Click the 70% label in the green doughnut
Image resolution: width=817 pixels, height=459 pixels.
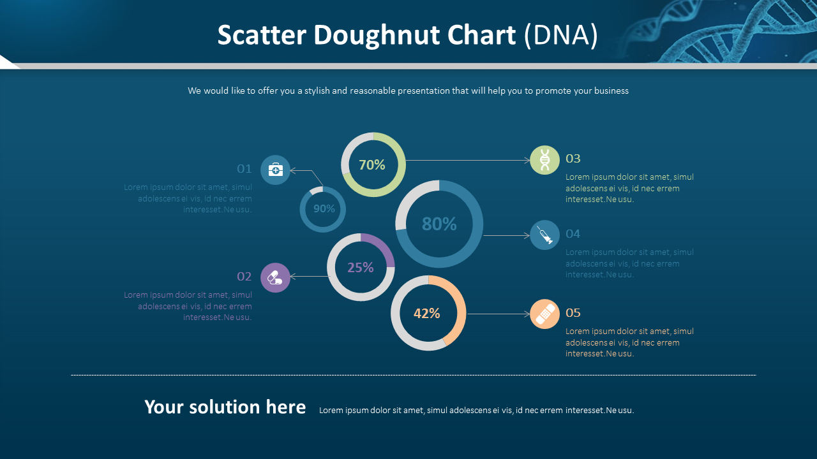(372, 165)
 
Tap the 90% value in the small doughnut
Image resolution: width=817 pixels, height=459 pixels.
(324, 208)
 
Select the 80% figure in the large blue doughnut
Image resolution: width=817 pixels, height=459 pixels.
(439, 224)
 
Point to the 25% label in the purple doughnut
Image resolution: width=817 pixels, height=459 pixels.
(361, 268)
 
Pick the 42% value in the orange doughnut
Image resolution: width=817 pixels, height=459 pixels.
(427, 314)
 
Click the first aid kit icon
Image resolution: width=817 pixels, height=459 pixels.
(275, 170)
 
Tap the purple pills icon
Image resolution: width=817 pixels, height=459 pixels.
(275, 277)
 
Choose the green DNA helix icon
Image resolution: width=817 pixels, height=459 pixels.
(544, 160)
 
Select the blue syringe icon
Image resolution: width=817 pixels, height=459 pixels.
(544, 235)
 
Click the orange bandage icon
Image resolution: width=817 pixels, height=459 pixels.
(544, 314)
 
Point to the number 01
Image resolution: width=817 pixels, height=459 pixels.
(244, 169)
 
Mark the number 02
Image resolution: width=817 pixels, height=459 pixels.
(244, 277)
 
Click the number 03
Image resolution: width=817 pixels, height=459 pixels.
(573, 159)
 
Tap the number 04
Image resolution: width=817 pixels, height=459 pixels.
(573, 234)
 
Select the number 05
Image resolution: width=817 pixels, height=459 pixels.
(573, 313)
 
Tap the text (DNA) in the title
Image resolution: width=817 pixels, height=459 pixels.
(560, 36)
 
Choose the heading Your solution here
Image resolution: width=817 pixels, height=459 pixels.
(225, 407)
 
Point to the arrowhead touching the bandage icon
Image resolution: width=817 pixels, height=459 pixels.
(527, 314)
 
